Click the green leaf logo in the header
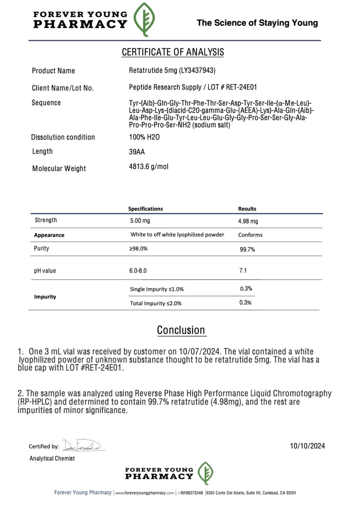pos(145,20)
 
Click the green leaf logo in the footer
pos(206,473)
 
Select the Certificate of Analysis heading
pos(173,52)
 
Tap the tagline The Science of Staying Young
pos(257,23)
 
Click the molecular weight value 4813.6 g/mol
pos(149,167)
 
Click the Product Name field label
pos(53,71)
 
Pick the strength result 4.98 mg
pos(248,221)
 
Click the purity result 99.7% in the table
pos(248,250)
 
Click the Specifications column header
pos(146,209)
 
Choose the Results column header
pos(247,209)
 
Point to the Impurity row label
pos(45,297)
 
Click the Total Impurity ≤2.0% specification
pos(156,303)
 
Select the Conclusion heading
pos(181,330)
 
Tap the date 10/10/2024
pos(307,446)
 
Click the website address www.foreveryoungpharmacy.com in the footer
pos(145,493)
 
